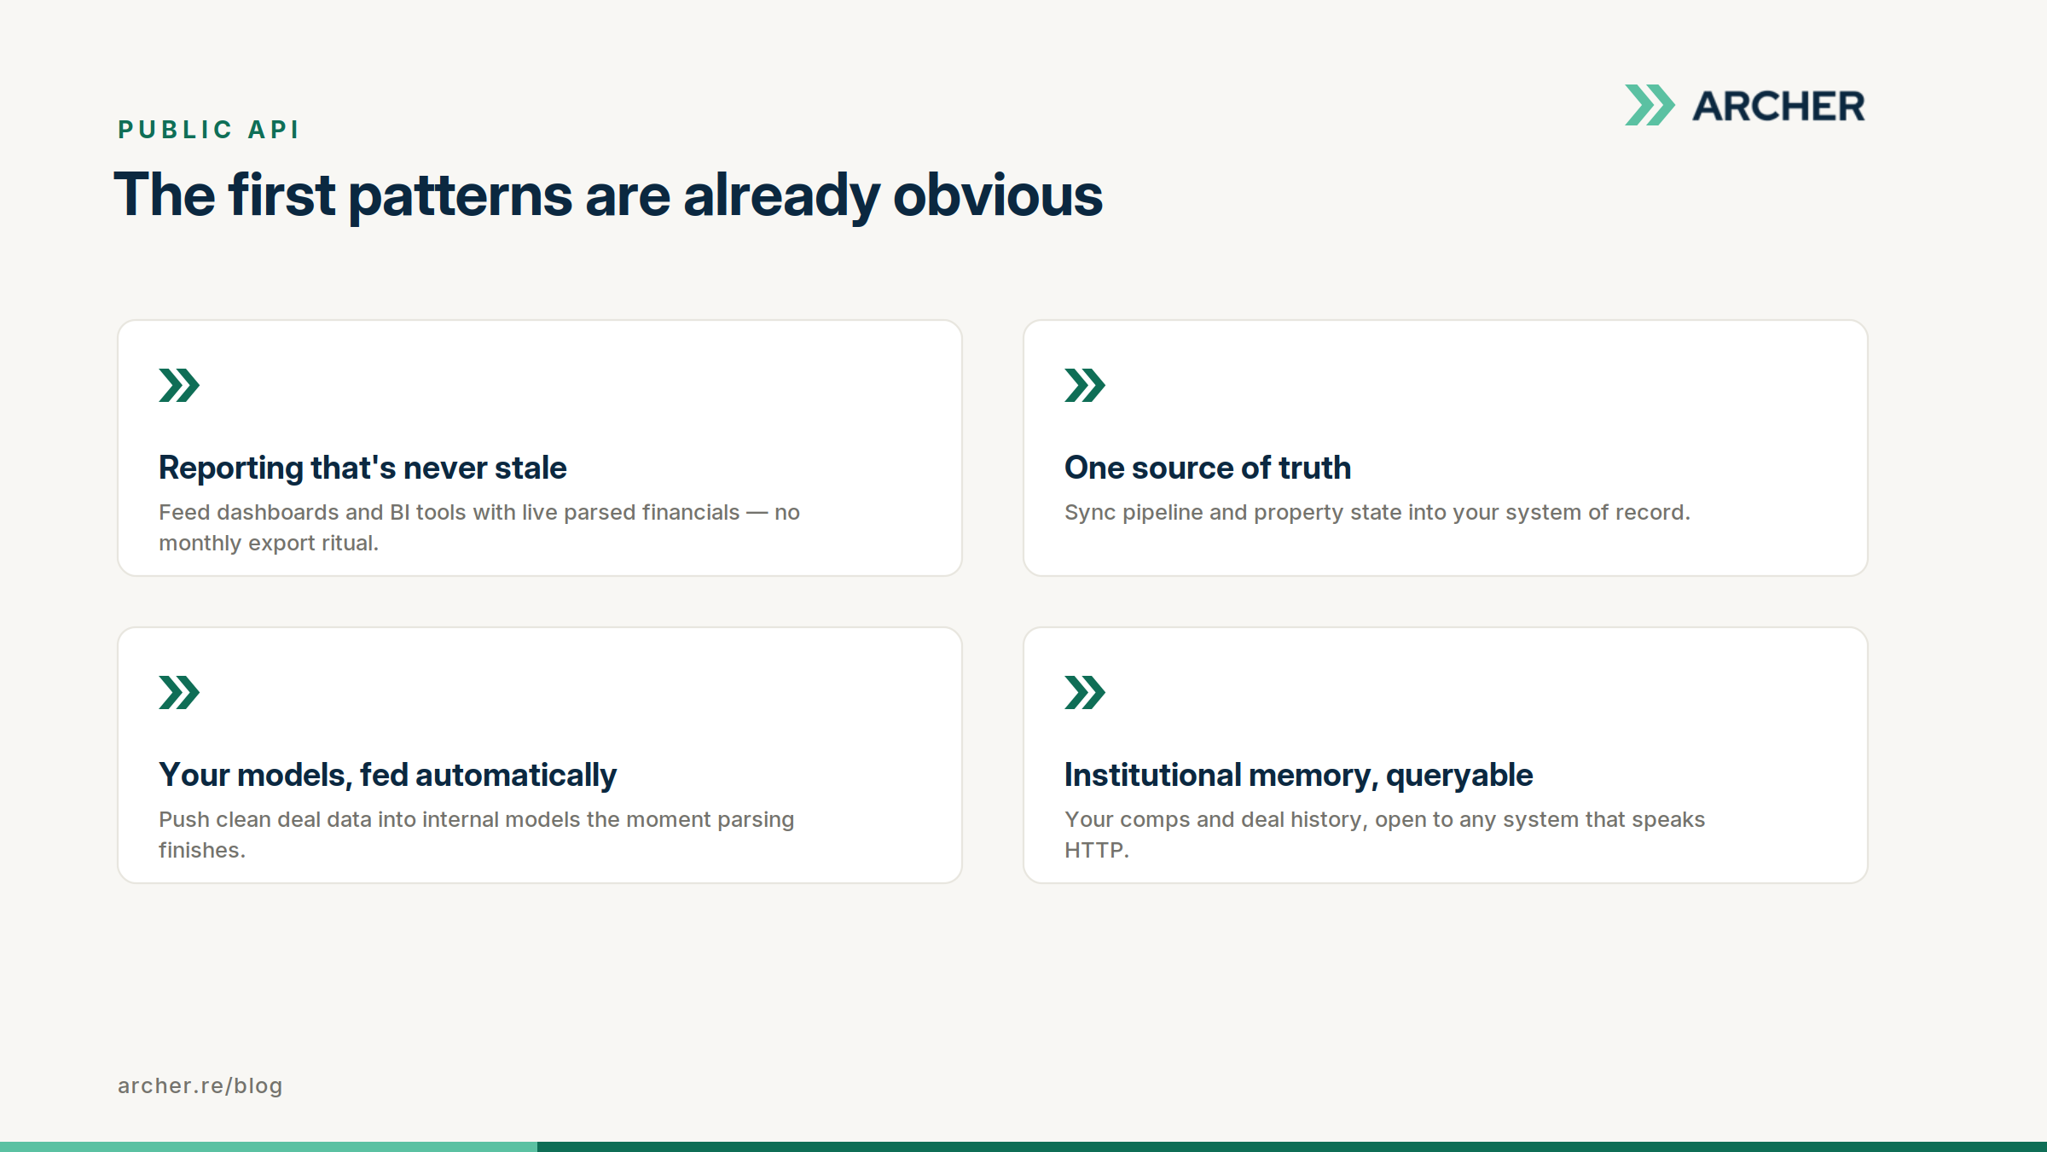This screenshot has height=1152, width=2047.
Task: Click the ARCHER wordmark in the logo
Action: tap(1778, 106)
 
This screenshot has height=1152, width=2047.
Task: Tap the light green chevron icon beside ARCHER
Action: tap(1650, 105)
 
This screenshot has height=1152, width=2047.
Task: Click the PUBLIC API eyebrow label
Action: tap(209, 130)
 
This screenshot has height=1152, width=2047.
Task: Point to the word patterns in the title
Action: tap(461, 196)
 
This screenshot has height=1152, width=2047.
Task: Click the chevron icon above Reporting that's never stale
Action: tap(179, 385)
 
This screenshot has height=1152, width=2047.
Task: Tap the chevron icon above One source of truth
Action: tap(1085, 385)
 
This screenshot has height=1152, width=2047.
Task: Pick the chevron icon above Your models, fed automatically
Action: tap(179, 692)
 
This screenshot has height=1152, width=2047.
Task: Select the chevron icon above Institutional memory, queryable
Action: tap(1085, 692)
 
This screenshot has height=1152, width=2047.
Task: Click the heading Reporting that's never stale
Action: tap(362, 468)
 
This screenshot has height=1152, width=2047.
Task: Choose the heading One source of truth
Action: tap(1208, 468)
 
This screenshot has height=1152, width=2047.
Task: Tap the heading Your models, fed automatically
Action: tap(387, 776)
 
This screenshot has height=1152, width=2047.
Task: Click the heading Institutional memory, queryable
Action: tap(1298, 776)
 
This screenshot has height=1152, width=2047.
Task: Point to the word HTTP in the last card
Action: tap(1094, 850)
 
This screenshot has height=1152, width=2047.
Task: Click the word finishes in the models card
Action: tap(200, 850)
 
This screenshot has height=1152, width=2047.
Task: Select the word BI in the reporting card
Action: tap(399, 512)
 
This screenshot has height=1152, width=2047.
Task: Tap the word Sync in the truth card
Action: tap(1090, 513)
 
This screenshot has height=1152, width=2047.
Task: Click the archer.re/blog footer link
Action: tap(200, 1085)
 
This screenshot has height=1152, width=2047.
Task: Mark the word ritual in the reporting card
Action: tap(348, 543)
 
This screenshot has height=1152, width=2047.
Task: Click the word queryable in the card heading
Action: tap(1459, 776)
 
